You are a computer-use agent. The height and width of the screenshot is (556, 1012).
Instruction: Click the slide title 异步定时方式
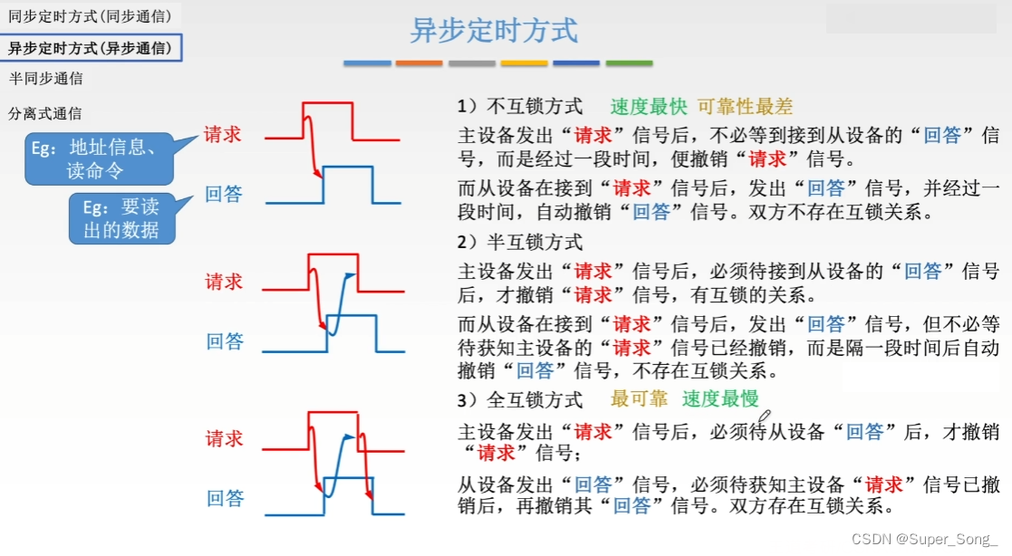coord(494,30)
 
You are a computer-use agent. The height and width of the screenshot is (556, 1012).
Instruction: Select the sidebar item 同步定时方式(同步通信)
coord(90,15)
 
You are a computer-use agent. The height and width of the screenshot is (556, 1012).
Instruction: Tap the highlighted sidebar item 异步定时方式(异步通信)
coord(90,48)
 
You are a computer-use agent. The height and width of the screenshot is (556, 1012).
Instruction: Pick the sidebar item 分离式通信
coord(45,114)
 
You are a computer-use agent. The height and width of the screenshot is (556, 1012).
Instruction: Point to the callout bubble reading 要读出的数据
coord(121,218)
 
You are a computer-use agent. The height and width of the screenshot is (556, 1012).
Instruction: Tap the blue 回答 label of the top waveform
coord(224,194)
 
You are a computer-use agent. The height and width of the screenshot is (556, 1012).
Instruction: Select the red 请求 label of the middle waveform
coord(224,282)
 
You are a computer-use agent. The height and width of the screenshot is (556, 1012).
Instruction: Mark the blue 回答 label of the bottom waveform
coord(225,498)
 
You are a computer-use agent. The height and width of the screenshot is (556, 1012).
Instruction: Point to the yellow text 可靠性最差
coord(745,107)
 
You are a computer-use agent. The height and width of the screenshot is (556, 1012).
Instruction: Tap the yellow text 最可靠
coord(639,398)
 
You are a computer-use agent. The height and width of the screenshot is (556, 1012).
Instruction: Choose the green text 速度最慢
coord(720,398)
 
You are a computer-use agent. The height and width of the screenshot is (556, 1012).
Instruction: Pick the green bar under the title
coord(629,63)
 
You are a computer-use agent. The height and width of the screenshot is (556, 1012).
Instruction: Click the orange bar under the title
coord(419,63)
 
